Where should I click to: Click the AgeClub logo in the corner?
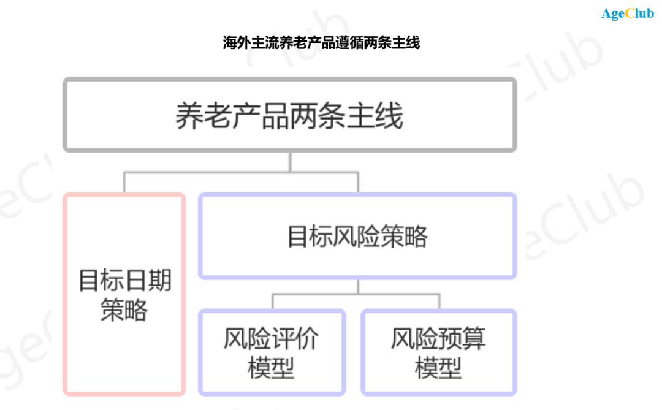coord(627,13)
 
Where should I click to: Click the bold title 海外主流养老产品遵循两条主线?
coord(321,43)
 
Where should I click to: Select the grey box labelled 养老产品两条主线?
coord(289,115)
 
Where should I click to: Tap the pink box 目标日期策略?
coord(124,294)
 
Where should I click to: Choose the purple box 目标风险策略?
coord(357,236)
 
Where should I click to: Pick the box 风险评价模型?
coord(272,352)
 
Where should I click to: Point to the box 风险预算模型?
coord(438,352)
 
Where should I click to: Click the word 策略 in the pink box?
coord(124,310)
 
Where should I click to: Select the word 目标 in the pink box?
coord(102,281)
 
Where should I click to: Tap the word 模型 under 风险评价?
coord(272,368)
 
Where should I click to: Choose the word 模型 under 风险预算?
coord(438,368)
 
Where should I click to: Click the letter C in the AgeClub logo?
coord(630,13)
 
